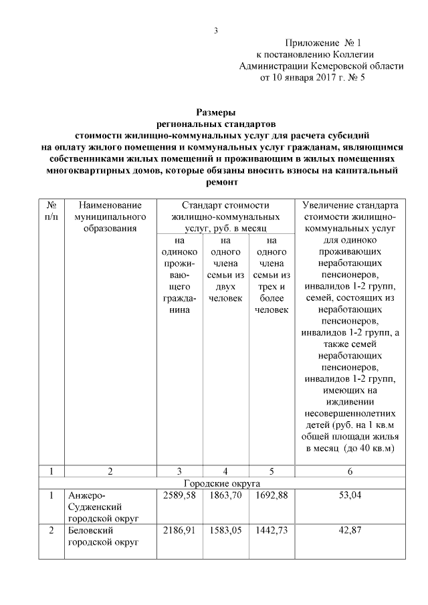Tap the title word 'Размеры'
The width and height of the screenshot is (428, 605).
pyautogui.click(x=215, y=112)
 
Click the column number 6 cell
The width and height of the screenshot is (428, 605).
pyautogui.click(x=350, y=471)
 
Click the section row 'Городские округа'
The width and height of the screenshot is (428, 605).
pyautogui.click(x=221, y=483)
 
